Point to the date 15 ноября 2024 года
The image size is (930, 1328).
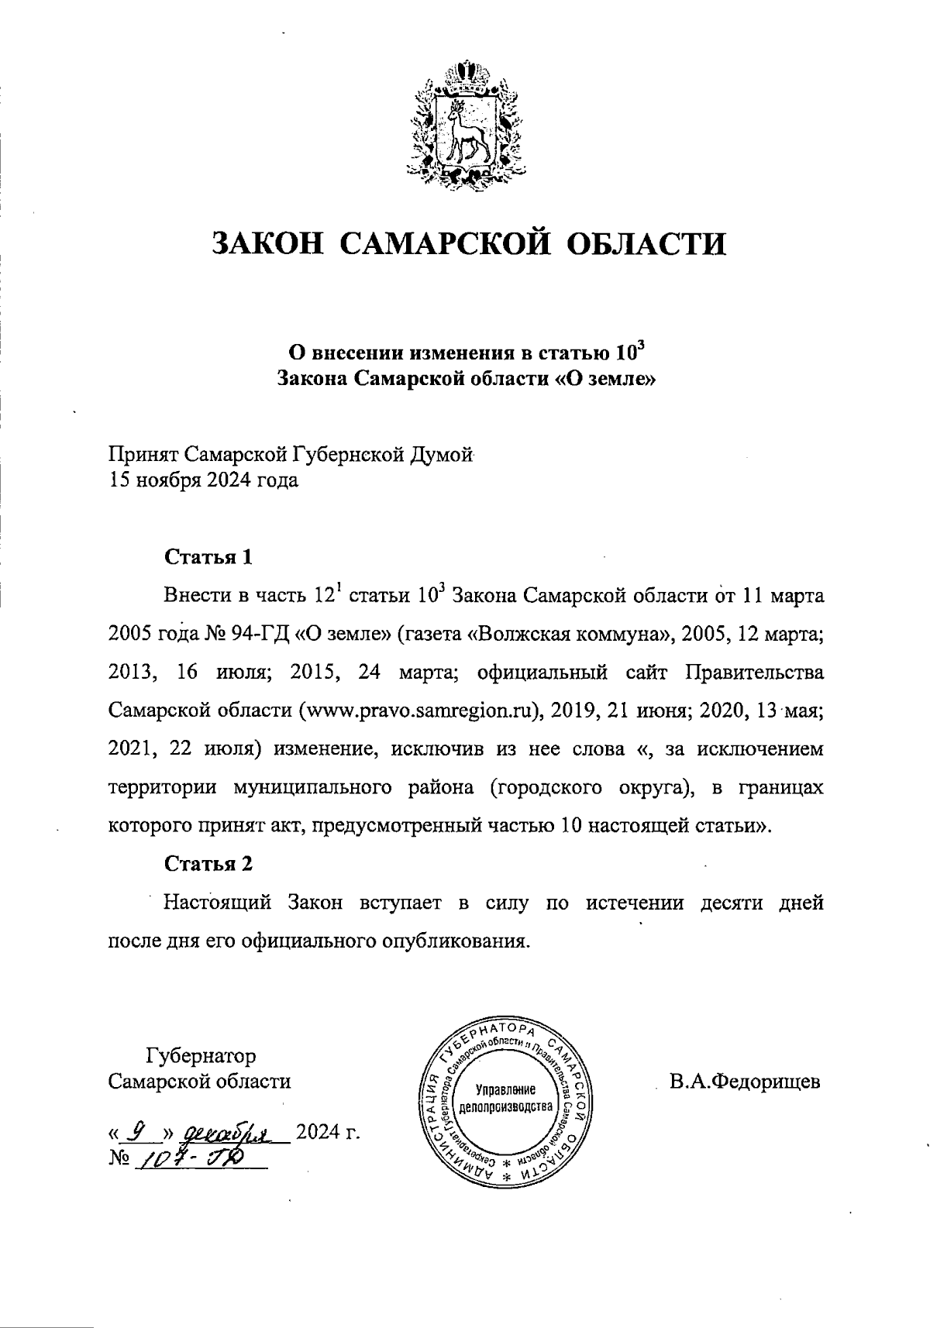[x=202, y=480]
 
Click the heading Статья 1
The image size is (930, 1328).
[x=208, y=557]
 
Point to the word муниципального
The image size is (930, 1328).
[x=310, y=789]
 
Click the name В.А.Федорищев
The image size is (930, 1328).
[x=745, y=1082]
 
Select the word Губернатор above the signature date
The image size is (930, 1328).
[x=201, y=1055]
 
